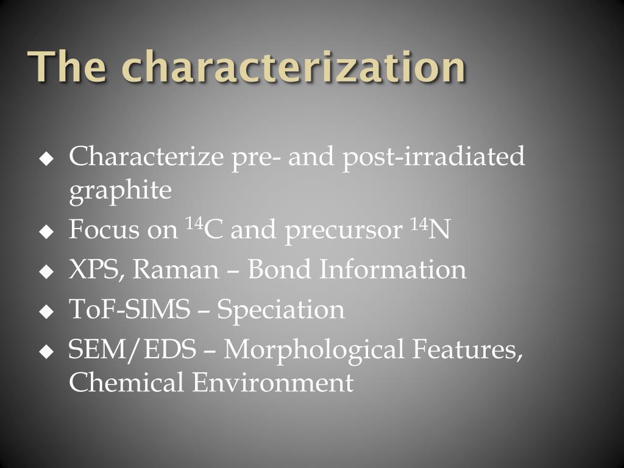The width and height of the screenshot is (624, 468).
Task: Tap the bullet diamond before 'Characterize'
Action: (x=46, y=160)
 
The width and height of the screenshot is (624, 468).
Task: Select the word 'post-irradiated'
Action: (x=433, y=157)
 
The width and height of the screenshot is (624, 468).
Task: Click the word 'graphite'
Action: (x=120, y=191)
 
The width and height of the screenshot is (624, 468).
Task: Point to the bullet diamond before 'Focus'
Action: (x=46, y=232)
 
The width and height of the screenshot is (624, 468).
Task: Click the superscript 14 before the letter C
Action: (x=193, y=224)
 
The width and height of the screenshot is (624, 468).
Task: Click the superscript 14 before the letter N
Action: (x=418, y=224)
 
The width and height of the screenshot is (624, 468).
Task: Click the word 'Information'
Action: (x=393, y=270)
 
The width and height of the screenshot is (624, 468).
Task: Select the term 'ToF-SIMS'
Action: (x=129, y=310)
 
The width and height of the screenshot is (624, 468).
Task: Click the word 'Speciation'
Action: (x=281, y=310)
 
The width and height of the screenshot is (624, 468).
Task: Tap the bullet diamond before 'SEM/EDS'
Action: (x=46, y=352)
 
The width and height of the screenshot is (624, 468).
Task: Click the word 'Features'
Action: (x=467, y=350)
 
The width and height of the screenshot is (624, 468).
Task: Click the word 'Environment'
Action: (x=273, y=383)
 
